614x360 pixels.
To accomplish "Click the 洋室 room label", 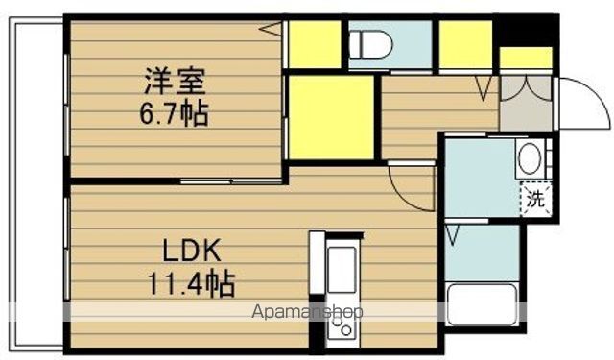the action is [x=175, y=81].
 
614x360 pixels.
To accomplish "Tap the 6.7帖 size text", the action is [x=174, y=113].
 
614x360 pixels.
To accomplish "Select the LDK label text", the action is [x=192, y=251].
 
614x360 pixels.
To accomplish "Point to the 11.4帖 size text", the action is [x=191, y=283].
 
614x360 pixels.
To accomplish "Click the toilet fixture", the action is [x=370, y=44].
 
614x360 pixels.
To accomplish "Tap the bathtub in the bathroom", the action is [x=483, y=304].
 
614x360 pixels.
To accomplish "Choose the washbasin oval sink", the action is [x=530, y=158].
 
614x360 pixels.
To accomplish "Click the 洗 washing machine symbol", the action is [x=535, y=200].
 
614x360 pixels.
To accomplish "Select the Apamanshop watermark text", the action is [x=307, y=312].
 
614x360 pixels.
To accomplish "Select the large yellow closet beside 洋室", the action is [x=331, y=117].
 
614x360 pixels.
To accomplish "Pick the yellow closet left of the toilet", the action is [x=315, y=44].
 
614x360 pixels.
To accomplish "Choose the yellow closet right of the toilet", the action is [x=465, y=44].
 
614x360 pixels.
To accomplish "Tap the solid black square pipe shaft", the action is [x=527, y=30].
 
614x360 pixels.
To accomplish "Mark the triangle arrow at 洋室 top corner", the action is [x=271, y=29].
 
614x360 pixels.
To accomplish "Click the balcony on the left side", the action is [x=36, y=184].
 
